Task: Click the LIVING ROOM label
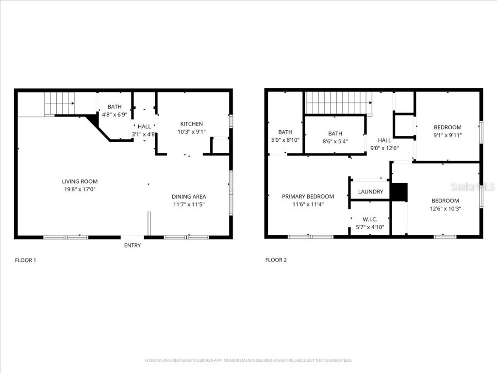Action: [x=80, y=182]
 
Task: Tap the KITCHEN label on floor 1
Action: [x=192, y=124]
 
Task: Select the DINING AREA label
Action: [x=189, y=197]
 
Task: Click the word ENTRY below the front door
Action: [x=133, y=245]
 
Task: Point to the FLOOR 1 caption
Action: [x=25, y=260]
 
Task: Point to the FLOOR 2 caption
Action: [x=276, y=260]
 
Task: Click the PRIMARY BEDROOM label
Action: [x=308, y=197]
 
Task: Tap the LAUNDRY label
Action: [x=370, y=192]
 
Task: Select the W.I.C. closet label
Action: [x=370, y=220]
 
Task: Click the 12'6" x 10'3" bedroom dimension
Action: [x=445, y=208]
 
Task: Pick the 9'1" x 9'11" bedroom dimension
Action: [x=447, y=136]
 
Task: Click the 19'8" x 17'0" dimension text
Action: [x=80, y=189]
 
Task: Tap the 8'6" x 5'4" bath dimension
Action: [x=335, y=141]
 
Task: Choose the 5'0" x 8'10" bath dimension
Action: [x=285, y=140]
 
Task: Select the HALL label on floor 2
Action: [x=384, y=140]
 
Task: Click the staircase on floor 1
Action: [x=59, y=103]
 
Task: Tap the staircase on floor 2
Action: [x=338, y=102]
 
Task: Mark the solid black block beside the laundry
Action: [x=399, y=192]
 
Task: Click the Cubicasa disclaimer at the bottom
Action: [x=248, y=360]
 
